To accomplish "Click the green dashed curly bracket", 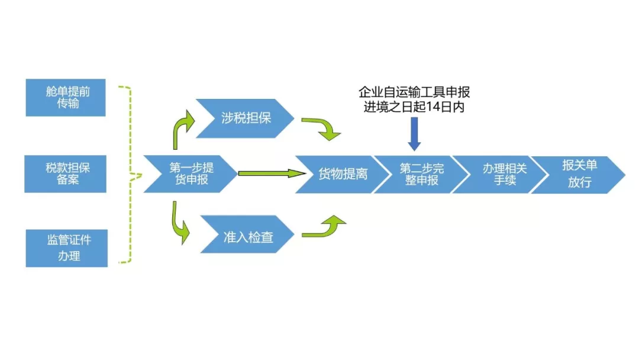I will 131,175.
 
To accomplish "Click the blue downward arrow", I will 414,133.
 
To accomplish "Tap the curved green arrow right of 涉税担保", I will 322,128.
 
